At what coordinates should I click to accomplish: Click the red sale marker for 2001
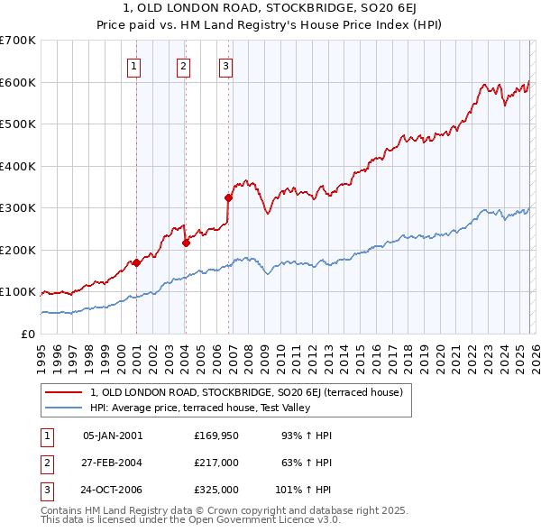click(x=136, y=262)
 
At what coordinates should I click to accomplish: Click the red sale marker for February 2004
click(x=186, y=243)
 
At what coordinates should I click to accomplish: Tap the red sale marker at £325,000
click(x=228, y=197)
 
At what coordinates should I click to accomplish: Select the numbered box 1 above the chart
click(x=134, y=65)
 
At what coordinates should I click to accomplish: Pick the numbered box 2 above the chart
click(x=183, y=65)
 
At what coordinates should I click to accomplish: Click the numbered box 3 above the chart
click(x=225, y=65)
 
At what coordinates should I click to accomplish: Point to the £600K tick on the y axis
click(x=17, y=82)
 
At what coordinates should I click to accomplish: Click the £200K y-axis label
click(x=17, y=250)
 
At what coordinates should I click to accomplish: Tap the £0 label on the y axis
click(x=28, y=334)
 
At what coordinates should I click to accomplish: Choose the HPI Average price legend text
click(x=200, y=408)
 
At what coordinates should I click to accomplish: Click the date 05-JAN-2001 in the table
click(x=113, y=436)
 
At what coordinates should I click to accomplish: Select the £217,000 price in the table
click(x=216, y=463)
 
